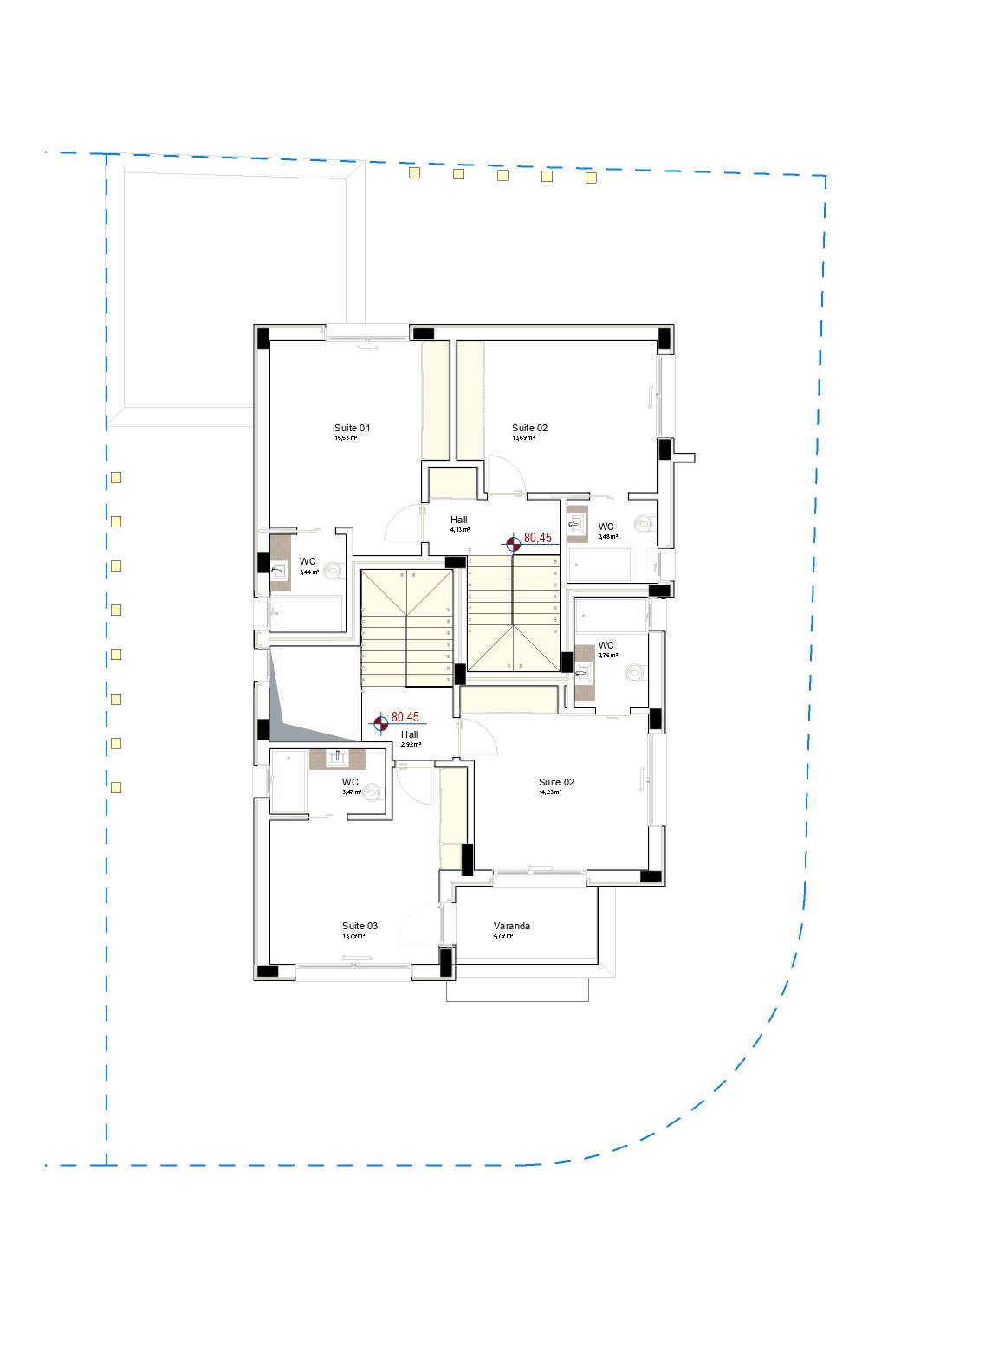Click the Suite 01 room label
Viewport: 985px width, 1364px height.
(352, 428)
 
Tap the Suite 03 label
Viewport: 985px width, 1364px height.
(360, 926)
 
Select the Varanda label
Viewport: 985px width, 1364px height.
(511, 926)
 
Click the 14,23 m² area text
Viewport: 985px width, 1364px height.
(550, 792)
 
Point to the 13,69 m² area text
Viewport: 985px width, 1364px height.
(523, 438)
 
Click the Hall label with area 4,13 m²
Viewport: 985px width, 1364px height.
(458, 520)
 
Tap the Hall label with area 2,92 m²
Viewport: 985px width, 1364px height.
(409, 734)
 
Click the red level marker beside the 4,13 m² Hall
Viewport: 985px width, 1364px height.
(514, 543)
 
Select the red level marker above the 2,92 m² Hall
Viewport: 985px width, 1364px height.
(380, 723)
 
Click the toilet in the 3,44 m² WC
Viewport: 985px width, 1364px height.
(333, 571)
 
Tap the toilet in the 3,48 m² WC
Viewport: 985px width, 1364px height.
(643, 524)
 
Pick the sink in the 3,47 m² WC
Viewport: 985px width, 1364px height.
(338, 759)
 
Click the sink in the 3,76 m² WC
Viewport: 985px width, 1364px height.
(583, 673)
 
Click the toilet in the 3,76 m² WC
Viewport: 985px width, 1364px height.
(636, 672)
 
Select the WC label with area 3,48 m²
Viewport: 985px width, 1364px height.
(606, 527)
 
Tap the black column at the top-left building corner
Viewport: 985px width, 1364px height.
(262, 338)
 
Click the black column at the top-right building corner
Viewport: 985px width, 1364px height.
(664, 338)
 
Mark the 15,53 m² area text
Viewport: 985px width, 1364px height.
(346, 438)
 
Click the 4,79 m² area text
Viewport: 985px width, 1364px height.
(502, 936)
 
